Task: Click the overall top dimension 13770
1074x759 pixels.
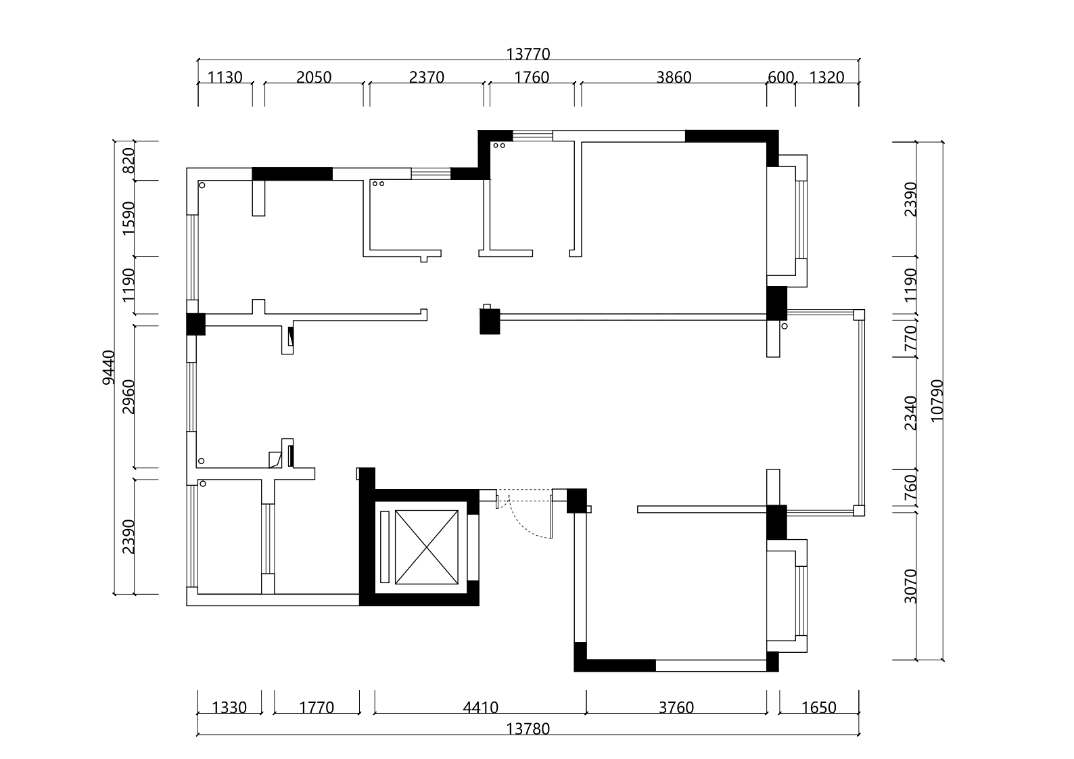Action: pyautogui.click(x=528, y=54)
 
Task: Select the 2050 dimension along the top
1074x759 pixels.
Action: pyautogui.click(x=314, y=77)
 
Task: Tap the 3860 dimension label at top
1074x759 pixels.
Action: pyautogui.click(x=674, y=77)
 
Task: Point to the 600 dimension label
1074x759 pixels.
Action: pyautogui.click(x=780, y=77)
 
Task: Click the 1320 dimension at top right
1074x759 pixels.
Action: pyautogui.click(x=826, y=77)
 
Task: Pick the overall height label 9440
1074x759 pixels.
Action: pyautogui.click(x=109, y=367)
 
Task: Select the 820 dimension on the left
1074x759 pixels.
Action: pyautogui.click(x=129, y=161)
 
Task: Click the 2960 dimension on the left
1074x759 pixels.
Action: pyautogui.click(x=129, y=396)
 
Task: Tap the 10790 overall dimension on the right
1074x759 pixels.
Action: pyautogui.click(x=937, y=401)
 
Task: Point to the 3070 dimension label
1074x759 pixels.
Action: pyautogui.click(x=910, y=586)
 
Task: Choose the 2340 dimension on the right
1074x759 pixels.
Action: pyautogui.click(x=910, y=413)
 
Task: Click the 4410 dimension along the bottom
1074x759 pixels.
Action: pyautogui.click(x=480, y=708)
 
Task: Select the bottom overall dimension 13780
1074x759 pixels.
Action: pyautogui.click(x=528, y=729)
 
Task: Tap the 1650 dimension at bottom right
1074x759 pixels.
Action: pyautogui.click(x=818, y=708)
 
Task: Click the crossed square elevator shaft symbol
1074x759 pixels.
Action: pyautogui.click(x=426, y=547)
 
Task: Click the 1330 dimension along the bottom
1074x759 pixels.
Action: pyautogui.click(x=229, y=708)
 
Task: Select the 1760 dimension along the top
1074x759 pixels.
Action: pyautogui.click(x=531, y=77)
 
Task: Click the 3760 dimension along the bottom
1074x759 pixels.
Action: pyautogui.click(x=676, y=708)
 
